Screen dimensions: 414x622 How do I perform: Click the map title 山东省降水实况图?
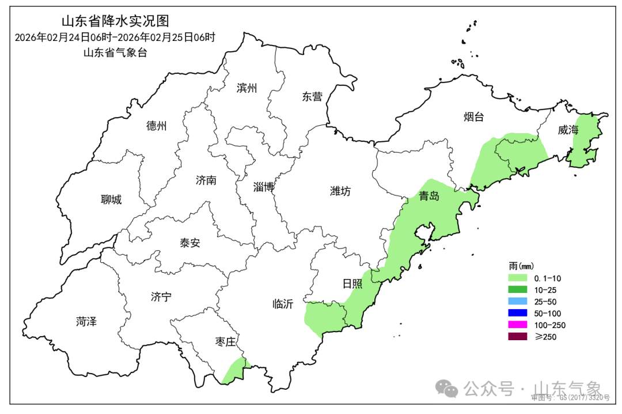click(115, 21)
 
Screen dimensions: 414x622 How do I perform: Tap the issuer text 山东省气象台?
click(115, 52)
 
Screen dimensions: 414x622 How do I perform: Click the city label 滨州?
click(246, 88)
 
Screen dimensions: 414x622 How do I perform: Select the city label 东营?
click(312, 97)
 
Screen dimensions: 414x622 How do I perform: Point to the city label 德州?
click(156, 126)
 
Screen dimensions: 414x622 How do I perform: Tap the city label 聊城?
click(111, 200)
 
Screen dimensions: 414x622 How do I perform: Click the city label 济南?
click(206, 180)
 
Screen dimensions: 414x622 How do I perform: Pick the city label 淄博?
click(263, 187)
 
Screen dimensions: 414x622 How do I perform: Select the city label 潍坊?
click(340, 191)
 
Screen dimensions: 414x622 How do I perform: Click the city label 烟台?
click(474, 117)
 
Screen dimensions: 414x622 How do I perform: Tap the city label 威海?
click(568, 130)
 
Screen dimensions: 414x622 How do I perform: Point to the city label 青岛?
click(429, 196)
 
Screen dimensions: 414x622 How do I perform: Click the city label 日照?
click(352, 284)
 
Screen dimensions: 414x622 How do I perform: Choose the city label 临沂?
click(283, 304)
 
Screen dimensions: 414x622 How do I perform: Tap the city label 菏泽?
click(86, 322)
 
